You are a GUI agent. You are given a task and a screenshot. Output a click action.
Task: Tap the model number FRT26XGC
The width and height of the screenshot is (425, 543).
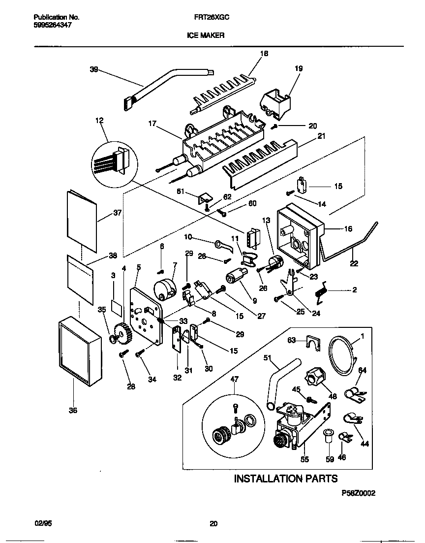(210, 17)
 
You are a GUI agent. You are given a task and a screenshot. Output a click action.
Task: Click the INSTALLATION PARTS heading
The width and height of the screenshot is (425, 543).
(285, 478)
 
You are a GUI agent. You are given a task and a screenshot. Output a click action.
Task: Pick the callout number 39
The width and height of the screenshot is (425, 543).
(94, 70)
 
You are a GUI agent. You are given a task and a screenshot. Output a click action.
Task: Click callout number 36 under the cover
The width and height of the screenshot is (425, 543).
(73, 410)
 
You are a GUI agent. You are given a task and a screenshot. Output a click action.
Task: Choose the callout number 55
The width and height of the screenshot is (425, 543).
(304, 459)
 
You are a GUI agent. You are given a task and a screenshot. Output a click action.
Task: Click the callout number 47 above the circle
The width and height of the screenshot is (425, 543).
(234, 380)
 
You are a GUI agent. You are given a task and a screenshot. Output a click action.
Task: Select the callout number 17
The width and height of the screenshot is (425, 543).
(152, 124)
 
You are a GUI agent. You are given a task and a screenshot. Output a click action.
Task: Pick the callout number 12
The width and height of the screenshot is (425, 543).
(100, 120)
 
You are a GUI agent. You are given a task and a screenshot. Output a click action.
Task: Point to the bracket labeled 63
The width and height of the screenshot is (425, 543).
(310, 342)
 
